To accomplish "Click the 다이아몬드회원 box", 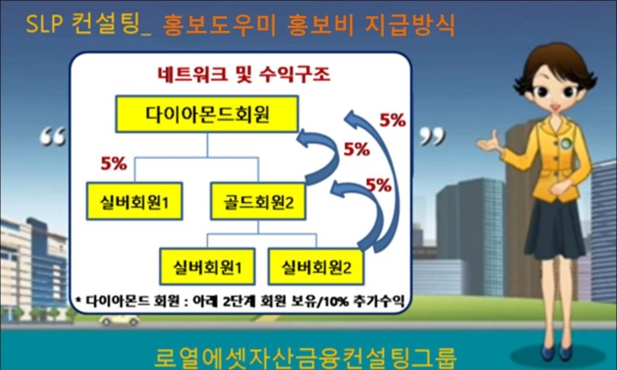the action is (207, 114).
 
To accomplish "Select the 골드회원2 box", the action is (258, 202).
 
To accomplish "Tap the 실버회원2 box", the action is (316, 267).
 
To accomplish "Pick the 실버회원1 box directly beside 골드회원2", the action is (135, 202).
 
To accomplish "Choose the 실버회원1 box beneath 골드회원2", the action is (207, 267).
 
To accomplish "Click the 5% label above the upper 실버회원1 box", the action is (114, 163).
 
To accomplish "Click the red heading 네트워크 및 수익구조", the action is (243, 75).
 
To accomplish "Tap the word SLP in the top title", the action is (44, 24).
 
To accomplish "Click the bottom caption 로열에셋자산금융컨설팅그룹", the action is (306, 357).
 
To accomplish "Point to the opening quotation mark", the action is (52, 136).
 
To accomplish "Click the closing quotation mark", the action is (432, 136).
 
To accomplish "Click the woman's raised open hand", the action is (489, 143).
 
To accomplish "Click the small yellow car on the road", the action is (119, 320).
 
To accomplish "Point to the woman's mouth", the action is (555, 106).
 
